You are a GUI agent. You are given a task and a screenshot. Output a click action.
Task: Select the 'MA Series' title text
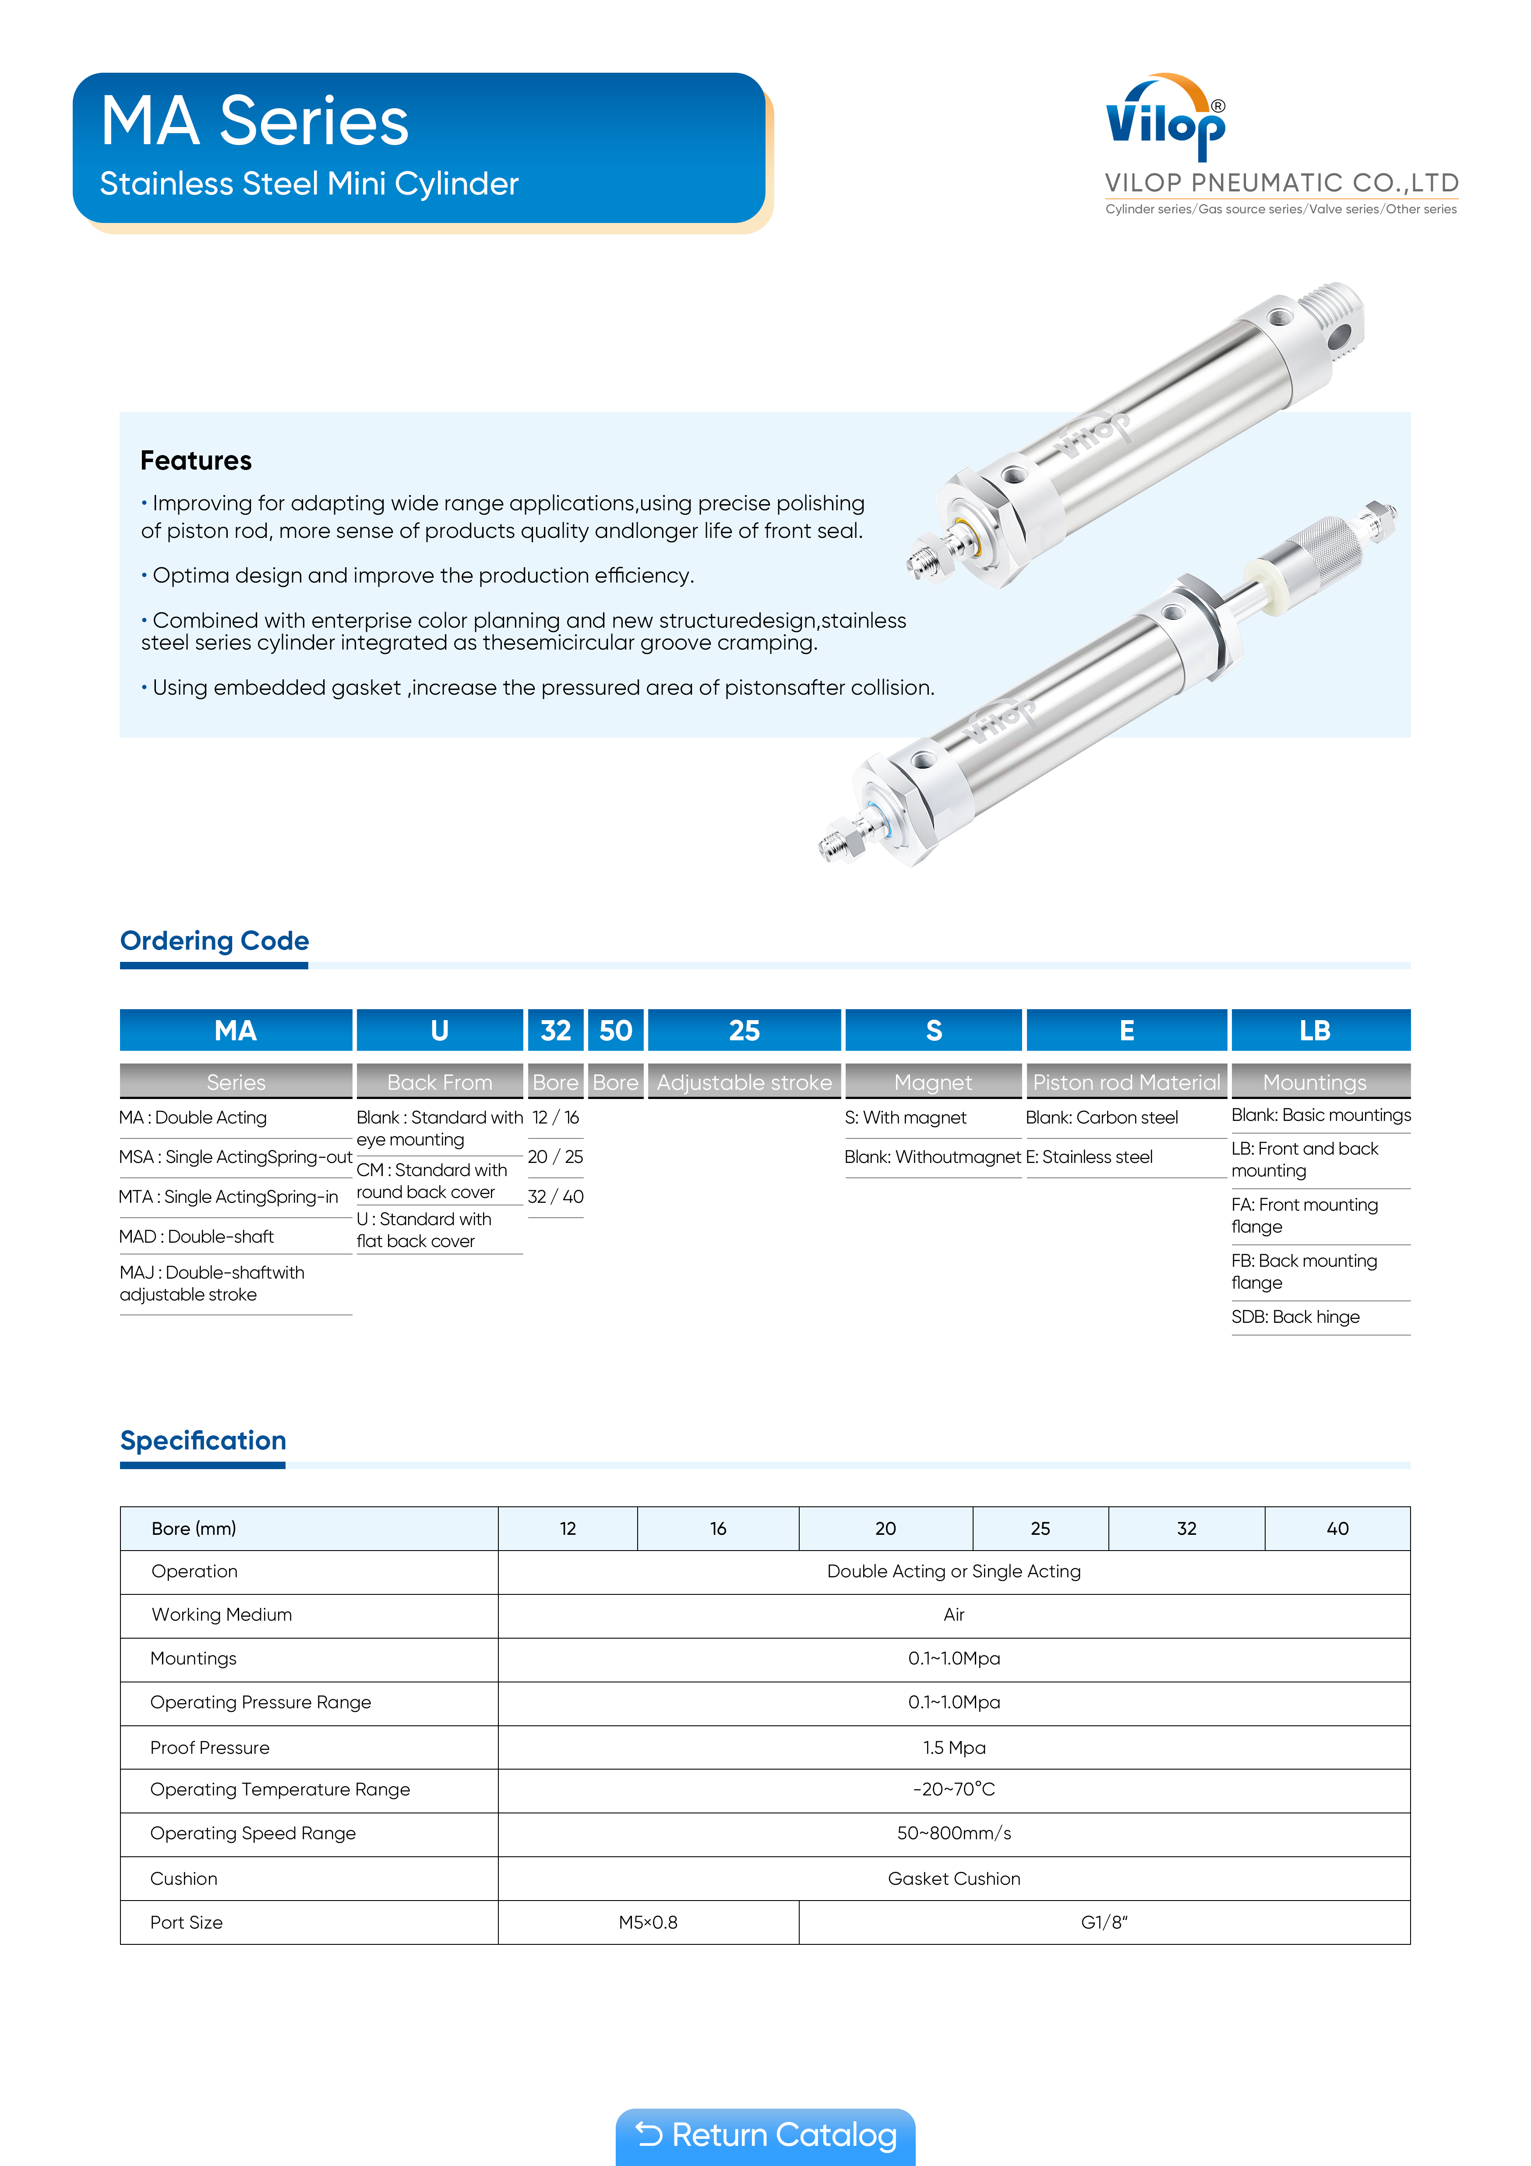pyautogui.click(x=255, y=122)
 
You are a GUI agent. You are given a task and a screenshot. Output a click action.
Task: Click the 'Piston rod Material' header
pyautogui.click(x=1126, y=1082)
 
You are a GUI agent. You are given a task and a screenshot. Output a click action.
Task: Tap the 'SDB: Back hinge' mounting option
pyautogui.click(x=1295, y=1317)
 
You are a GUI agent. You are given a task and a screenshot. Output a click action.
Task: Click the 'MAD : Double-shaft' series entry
pyautogui.click(x=196, y=1236)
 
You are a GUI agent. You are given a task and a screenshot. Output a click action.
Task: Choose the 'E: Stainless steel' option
pyautogui.click(x=1090, y=1156)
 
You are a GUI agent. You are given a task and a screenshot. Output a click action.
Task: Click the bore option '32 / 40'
pyautogui.click(x=556, y=1196)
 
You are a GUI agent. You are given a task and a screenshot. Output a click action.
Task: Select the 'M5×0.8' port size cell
pyautogui.click(x=648, y=1922)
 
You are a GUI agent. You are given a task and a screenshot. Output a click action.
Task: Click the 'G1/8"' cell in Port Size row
pyautogui.click(x=1104, y=1922)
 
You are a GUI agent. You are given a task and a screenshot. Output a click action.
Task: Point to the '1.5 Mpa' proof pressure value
pyautogui.click(x=954, y=1747)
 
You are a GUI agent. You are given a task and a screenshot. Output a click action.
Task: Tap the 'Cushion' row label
pyautogui.click(x=184, y=1878)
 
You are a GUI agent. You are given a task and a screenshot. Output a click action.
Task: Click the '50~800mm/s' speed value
pyautogui.click(x=954, y=1833)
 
